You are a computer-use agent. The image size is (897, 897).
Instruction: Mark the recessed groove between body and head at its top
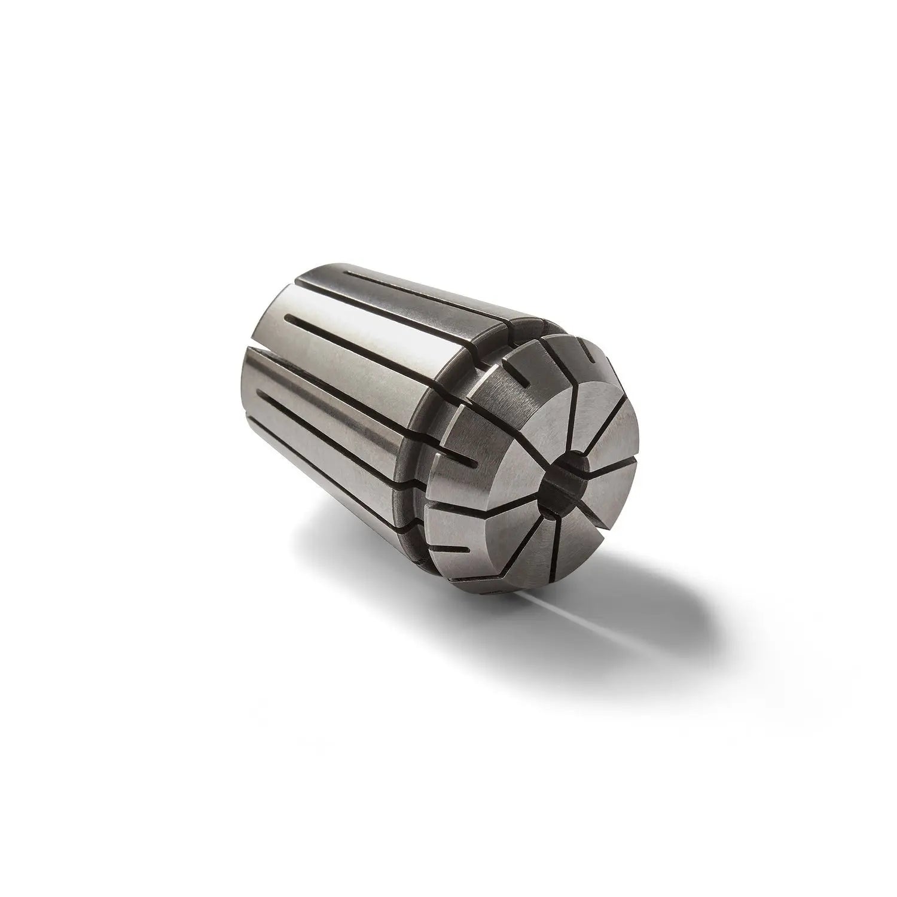[x=526, y=326]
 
